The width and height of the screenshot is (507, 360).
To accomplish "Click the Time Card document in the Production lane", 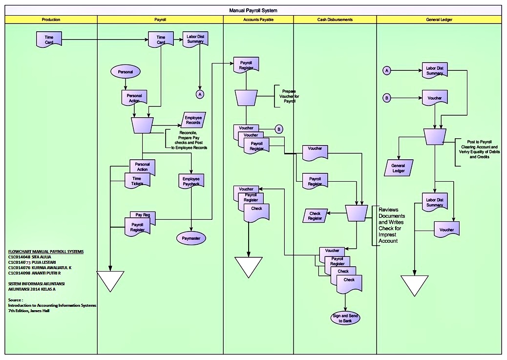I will pos(49,40).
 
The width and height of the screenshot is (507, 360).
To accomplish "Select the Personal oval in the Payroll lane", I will pos(126,72).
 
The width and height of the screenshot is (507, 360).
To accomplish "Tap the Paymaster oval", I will pos(191,238).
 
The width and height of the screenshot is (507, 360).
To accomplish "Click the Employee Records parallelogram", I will pos(193,120).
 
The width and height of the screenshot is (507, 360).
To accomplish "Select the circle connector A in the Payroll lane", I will pos(199,93).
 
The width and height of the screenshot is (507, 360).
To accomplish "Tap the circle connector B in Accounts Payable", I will pos(278,129).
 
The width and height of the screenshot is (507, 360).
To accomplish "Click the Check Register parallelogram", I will pos(315,215).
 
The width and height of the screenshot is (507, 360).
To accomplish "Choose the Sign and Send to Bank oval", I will pos(345,318).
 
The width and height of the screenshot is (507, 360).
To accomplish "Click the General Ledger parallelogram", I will pos(399,168).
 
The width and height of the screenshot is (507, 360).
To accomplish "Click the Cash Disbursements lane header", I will pos(335,20).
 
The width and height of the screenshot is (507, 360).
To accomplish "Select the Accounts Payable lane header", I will pos(258,20).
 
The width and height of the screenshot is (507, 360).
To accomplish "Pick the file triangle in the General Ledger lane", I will pos(414,285).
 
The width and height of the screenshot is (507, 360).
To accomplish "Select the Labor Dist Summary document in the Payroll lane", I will pos(195,39).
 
